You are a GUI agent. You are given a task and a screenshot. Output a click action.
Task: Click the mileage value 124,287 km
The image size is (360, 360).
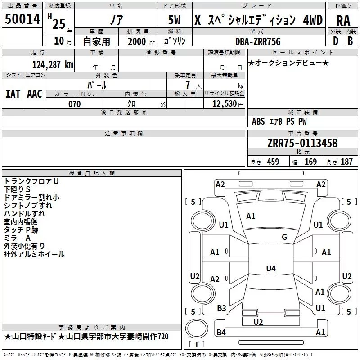(52, 65)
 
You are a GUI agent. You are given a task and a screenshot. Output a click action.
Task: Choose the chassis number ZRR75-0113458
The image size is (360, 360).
(302, 143)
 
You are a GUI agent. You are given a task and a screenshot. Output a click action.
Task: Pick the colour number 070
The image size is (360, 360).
(74, 104)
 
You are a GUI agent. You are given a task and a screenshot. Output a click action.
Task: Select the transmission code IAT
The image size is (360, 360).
(13, 94)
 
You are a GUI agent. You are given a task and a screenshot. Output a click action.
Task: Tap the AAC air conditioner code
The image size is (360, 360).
(34, 94)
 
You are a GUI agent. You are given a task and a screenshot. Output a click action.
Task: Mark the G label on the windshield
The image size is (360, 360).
(284, 237)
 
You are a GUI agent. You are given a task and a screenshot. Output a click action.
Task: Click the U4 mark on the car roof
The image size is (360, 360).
(270, 269)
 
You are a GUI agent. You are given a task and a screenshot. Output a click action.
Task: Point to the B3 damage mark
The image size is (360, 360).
(221, 308)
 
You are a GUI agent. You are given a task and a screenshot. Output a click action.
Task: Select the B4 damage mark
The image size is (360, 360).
(221, 333)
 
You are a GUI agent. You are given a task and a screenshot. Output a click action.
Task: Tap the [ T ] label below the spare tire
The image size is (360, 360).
(196, 345)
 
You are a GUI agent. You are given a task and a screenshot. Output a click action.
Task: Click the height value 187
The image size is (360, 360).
(346, 162)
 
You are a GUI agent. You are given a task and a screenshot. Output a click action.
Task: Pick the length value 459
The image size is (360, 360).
(273, 162)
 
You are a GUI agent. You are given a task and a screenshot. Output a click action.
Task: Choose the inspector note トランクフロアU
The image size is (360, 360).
(31, 181)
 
